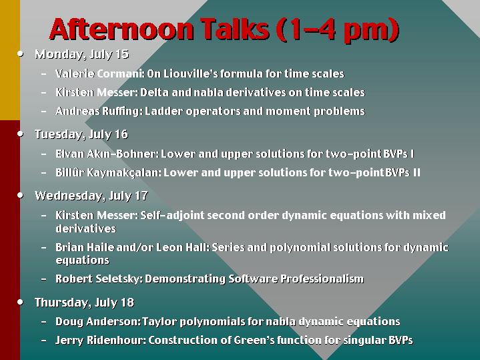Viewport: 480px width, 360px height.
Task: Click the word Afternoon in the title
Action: point(122,29)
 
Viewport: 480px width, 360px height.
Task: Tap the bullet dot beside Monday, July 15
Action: point(20,54)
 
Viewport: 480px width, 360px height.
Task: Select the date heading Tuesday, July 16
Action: point(81,134)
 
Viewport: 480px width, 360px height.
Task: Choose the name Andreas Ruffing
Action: point(98,111)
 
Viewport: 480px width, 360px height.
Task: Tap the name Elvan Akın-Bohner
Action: point(106,154)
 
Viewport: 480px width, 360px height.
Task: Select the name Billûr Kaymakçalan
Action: point(107,172)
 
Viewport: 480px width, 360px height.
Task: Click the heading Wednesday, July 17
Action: point(91,196)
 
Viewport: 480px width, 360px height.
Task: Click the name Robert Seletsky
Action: point(98,279)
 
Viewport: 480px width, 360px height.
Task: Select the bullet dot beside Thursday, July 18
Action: point(20,302)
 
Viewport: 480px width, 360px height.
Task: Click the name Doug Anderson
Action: point(97,321)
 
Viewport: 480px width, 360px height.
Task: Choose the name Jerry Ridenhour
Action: point(101,340)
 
